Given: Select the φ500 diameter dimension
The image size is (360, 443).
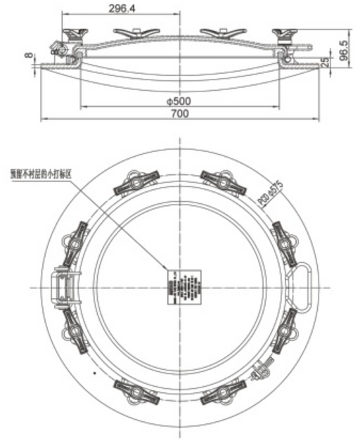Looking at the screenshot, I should pyautogui.click(x=179, y=101).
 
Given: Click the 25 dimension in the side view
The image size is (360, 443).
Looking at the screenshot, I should pyautogui.click(x=325, y=62).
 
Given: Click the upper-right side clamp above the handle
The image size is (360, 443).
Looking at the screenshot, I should pyautogui.click(x=284, y=237).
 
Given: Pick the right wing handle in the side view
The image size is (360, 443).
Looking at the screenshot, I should pyautogui.click(x=224, y=32).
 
